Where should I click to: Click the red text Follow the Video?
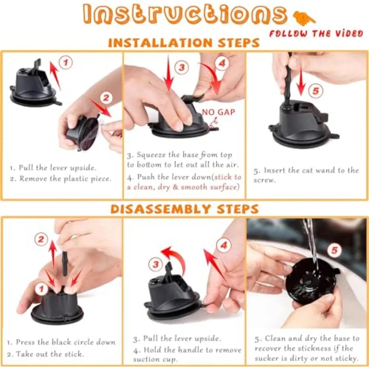pyautogui.click(x=316, y=34)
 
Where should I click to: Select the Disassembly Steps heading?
pyautogui.click(x=184, y=209)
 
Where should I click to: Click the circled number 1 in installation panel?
pyautogui.click(x=66, y=63)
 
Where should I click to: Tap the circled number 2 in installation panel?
pyautogui.click(x=106, y=98)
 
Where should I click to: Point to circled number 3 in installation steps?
pyautogui.click(x=182, y=68)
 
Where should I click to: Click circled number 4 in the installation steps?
pyautogui.click(x=221, y=64)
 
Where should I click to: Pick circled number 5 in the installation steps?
pyautogui.click(x=315, y=91)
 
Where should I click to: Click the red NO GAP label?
pyautogui.click(x=218, y=112)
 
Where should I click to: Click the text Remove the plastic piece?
pyautogui.click(x=65, y=179)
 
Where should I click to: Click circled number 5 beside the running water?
pyautogui.click(x=335, y=251)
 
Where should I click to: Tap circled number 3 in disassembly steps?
pyautogui.click(x=155, y=265)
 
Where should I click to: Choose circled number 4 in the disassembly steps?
pyautogui.click(x=223, y=246)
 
